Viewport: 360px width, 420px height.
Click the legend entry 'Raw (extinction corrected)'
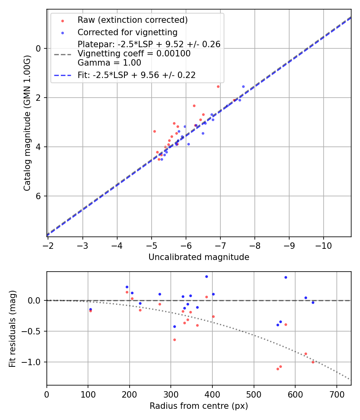[132, 20]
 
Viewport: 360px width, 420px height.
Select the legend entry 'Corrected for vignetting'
[127, 32]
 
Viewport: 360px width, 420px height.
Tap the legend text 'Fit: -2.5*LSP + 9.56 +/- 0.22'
[136, 75]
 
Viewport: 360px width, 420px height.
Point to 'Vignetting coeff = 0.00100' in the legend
[134, 54]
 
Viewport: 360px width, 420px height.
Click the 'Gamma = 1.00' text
[109, 63]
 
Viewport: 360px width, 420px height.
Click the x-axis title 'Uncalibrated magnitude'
[199, 257]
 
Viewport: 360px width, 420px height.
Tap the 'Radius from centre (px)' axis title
[199, 406]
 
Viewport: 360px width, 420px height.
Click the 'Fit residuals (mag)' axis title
[13, 328]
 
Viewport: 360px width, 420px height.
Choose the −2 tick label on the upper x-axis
[48, 246]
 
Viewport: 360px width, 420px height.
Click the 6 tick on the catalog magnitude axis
[39, 196]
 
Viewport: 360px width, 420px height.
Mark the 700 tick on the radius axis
[336, 394]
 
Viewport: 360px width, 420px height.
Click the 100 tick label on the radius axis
[88, 394]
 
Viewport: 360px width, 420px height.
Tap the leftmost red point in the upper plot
[154, 131]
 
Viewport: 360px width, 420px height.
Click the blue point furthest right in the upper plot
[243, 86]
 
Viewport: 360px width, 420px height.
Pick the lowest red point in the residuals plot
[278, 369]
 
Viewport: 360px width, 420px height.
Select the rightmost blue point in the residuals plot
[313, 302]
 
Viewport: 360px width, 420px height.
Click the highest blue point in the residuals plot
[206, 276]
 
